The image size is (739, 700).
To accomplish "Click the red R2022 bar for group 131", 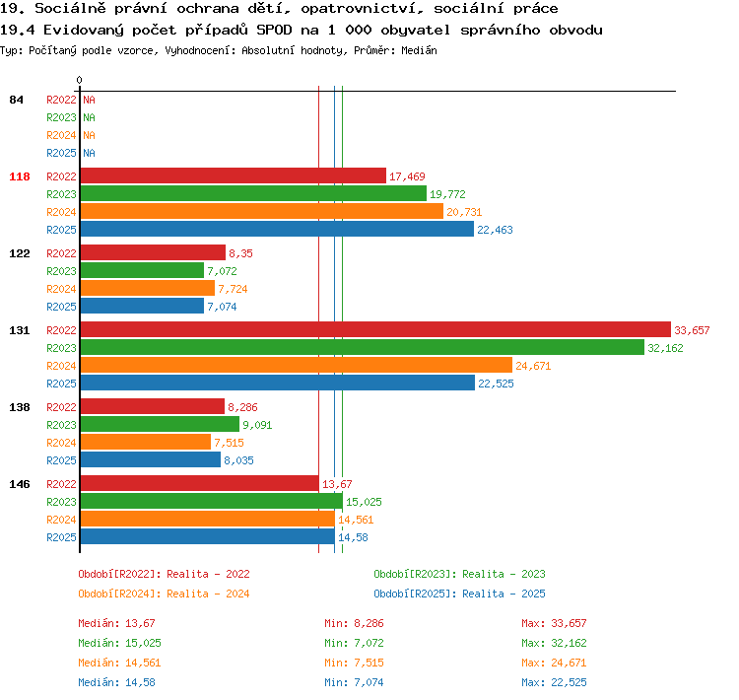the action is tap(375, 329).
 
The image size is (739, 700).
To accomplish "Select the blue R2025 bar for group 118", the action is tap(277, 230).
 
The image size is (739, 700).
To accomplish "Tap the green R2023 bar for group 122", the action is tap(142, 271).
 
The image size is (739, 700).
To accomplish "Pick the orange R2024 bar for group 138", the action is tap(146, 442).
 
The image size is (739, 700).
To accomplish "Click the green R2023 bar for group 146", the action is tap(212, 501).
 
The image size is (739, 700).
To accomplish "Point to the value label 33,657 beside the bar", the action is tap(692, 330).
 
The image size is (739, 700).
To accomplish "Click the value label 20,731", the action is tap(464, 212).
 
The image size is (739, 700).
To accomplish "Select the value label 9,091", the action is tap(257, 425).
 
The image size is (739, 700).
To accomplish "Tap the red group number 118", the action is tap(20, 176).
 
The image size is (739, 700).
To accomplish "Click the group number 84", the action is tap(16, 100).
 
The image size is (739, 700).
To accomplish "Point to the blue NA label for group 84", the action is tap(89, 153).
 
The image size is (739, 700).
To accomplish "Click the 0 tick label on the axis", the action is tap(79, 80).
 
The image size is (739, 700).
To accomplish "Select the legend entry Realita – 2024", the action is tap(208, 594).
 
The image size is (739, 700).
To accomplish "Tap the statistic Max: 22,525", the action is tap(554, 682).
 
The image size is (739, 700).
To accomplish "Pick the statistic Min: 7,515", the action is tap(354, 663).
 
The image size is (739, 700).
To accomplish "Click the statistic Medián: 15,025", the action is tap(119, 643).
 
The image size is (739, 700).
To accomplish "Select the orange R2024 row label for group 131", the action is tap(61, 366).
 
